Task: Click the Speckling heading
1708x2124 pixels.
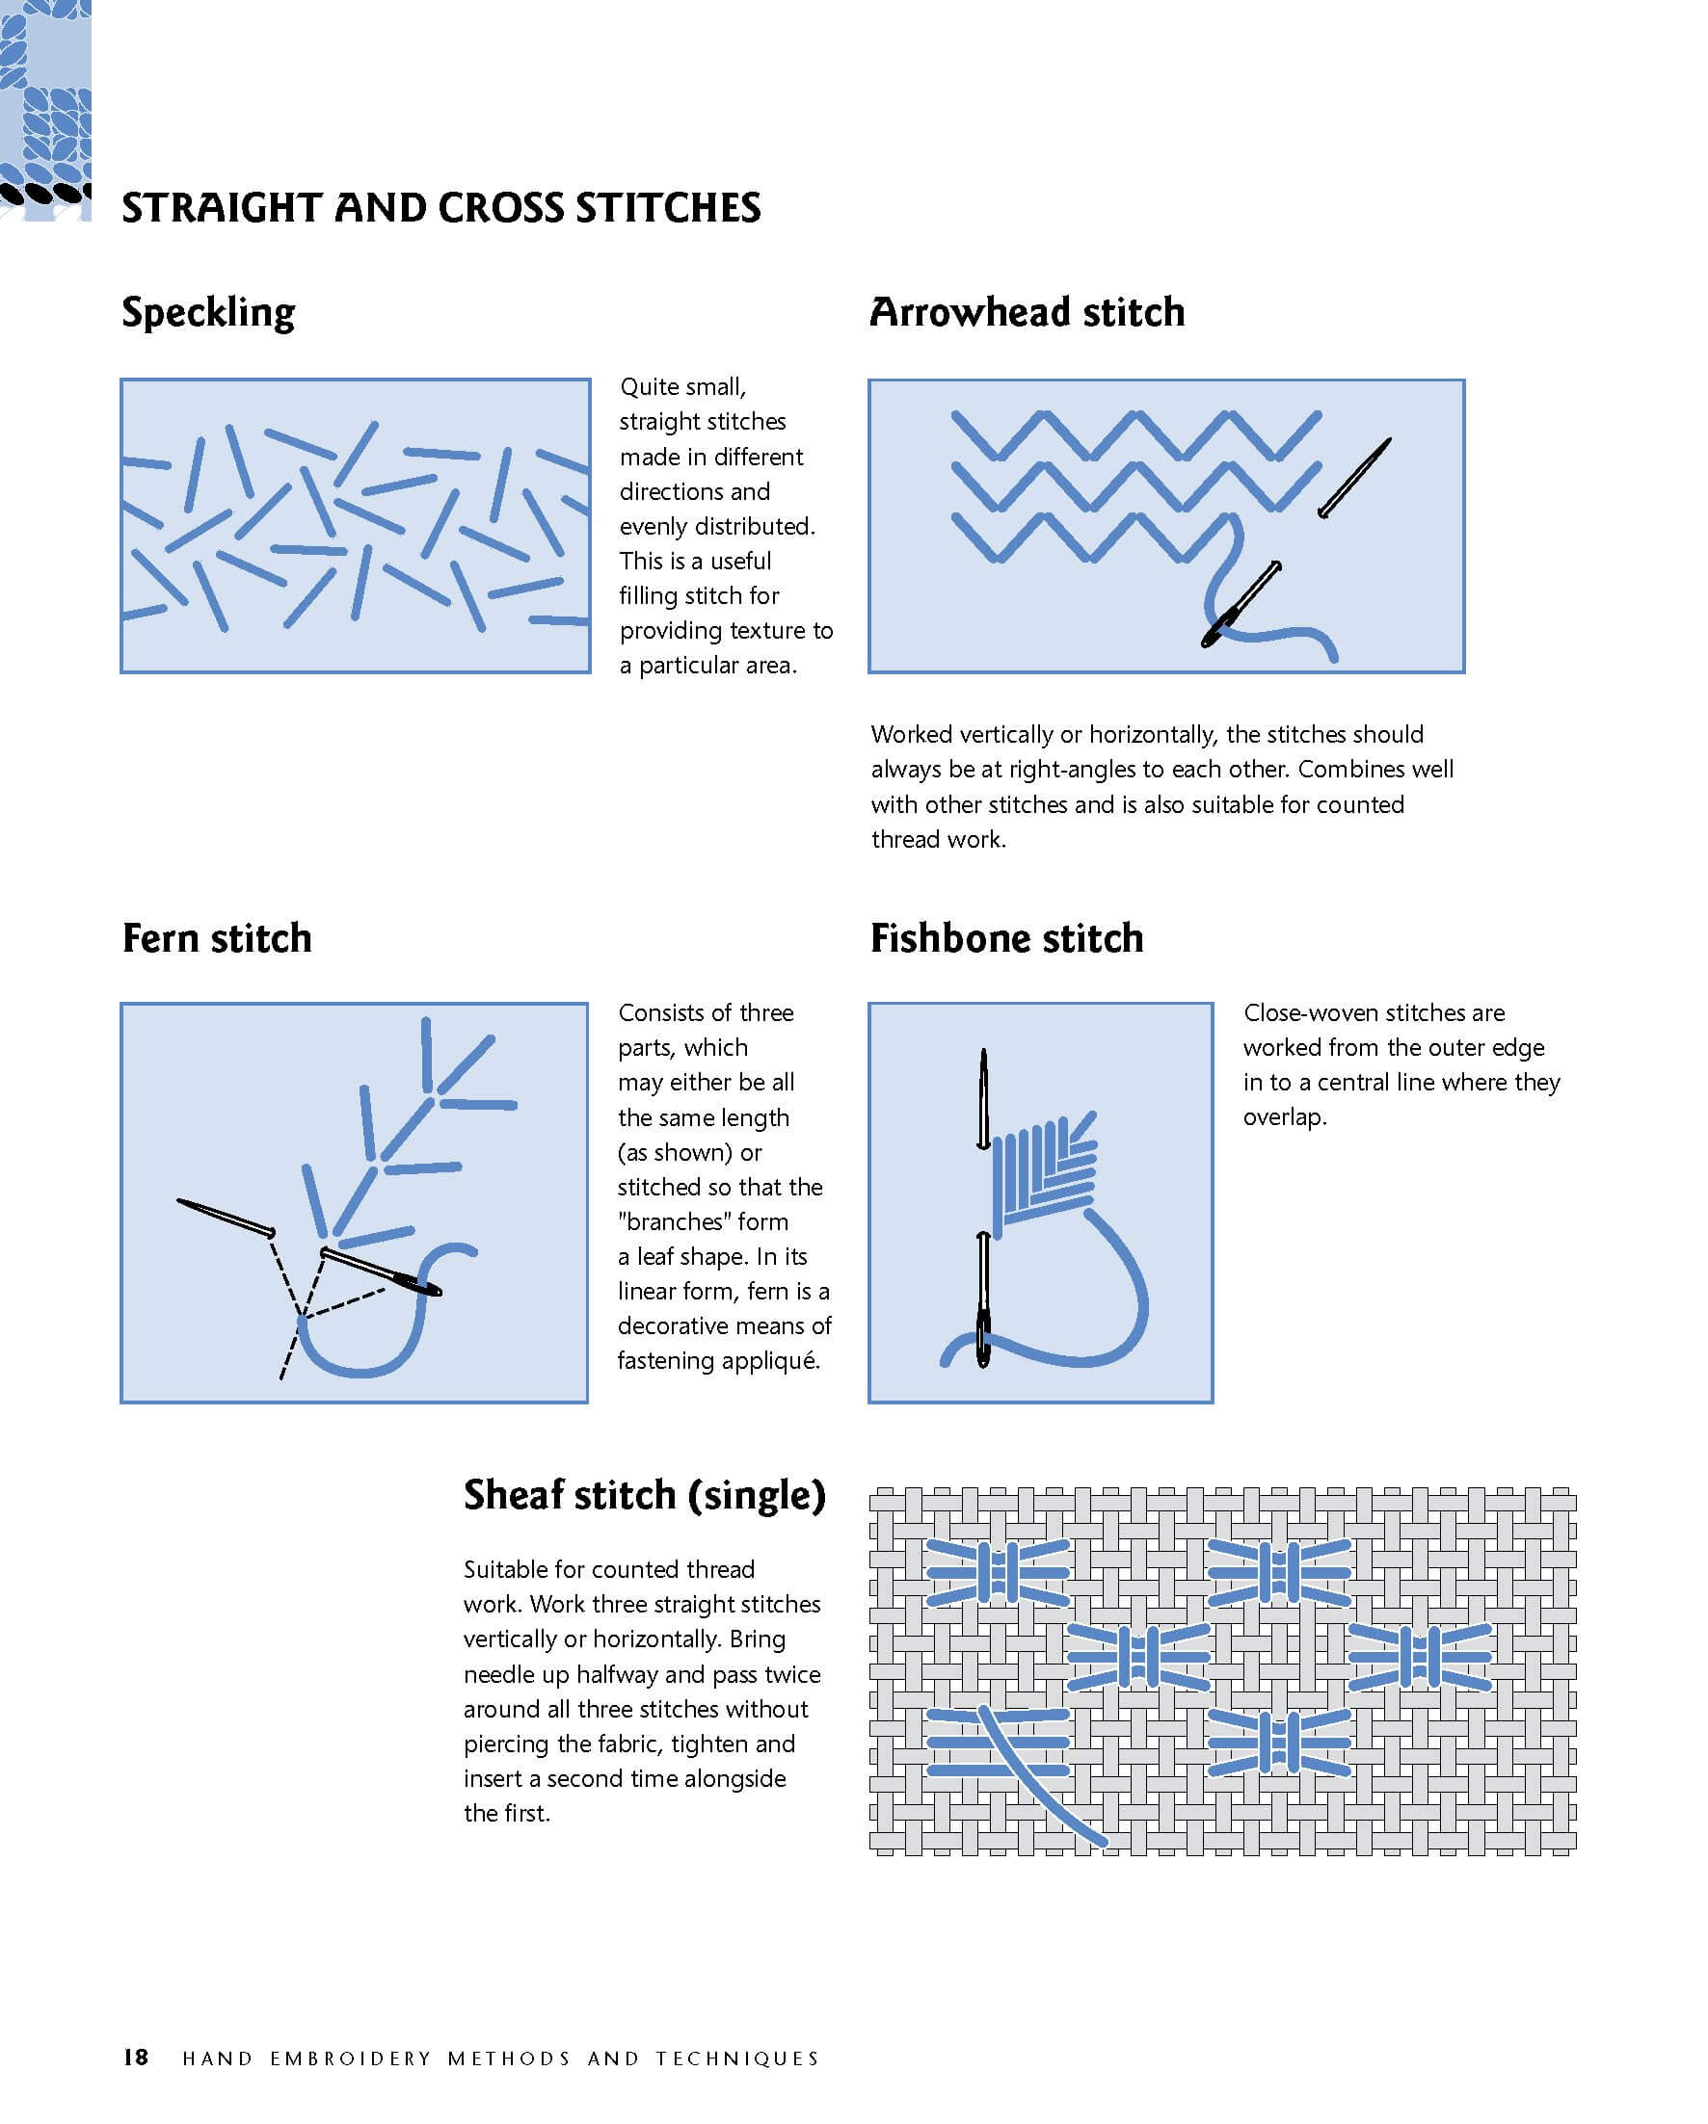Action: tap(208, 313)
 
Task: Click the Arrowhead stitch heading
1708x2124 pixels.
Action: tap(1026, 312)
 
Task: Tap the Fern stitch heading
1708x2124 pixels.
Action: tap(217, 938)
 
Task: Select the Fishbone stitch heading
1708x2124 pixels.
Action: tap(1006, 938)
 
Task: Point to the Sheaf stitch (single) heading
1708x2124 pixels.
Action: tap(644, 1494)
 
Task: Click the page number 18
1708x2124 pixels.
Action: tap(135, 2057)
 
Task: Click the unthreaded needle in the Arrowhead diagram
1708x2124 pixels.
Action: tap(1354, 478)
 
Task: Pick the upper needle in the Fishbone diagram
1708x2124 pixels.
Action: tap(982, 1098)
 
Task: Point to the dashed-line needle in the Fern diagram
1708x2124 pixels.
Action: tap(226, 1217)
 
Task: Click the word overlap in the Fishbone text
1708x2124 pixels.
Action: tap(1283, 1117)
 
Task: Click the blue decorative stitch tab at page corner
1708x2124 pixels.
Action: tap(45, 108)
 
